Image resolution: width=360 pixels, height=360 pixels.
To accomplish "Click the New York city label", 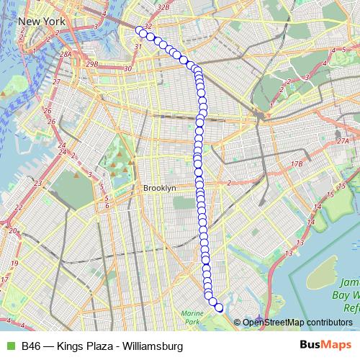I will [42, 22].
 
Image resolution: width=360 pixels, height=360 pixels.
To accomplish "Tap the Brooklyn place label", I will [159, 188].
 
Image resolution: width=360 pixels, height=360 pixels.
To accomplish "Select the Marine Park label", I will [192, 317].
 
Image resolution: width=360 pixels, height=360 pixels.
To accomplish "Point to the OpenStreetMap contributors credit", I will [297, 322].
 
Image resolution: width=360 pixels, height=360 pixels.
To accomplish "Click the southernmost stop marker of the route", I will [219, 308].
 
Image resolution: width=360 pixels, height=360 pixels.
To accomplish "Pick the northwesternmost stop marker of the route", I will [139, 30].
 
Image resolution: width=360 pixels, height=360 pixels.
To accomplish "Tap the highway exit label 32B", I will [163, 6].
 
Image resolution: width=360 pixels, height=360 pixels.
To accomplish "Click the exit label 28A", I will [66, 54].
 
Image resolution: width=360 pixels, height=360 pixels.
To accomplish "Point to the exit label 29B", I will [91, 64].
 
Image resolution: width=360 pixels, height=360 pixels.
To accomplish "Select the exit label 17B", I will [297, 165].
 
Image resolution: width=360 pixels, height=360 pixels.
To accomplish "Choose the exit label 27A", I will [341, 141].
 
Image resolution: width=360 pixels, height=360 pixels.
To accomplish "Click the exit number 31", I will [138, 47].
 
